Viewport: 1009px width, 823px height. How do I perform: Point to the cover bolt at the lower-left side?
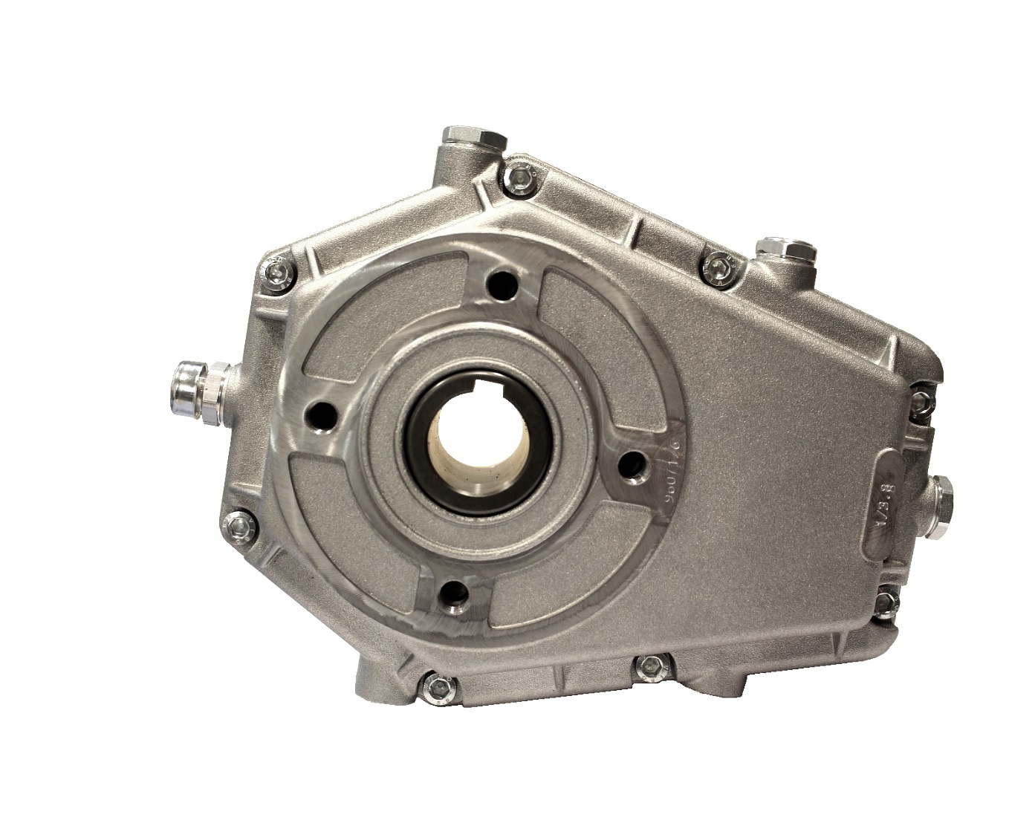239,527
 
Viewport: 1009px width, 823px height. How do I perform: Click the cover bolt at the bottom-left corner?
437,687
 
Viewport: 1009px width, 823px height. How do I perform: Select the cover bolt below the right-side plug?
886,602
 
